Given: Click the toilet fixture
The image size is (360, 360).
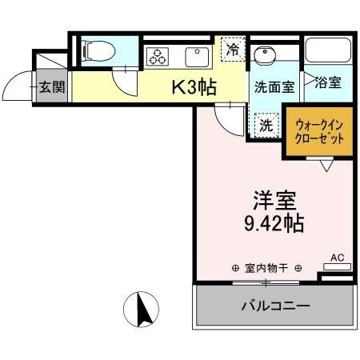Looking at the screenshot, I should pos(99,50).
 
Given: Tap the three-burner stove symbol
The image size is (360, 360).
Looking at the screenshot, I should pos(156,57).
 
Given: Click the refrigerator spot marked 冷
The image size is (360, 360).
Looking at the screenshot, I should pos(232,48).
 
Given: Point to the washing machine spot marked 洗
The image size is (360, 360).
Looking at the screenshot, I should pos(263,124).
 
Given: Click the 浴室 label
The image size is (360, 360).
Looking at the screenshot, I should pos(329,82).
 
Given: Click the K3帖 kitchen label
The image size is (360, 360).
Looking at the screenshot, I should pos(194,87).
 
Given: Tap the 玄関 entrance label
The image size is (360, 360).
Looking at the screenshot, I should pos(51,87).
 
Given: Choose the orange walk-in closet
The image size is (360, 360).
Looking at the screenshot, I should pos(319,131).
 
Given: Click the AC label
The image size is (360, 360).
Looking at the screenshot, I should pos(337,258).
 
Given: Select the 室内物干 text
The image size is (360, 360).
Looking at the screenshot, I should pos(266,268).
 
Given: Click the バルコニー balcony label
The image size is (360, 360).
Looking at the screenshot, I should pos(275,306).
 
